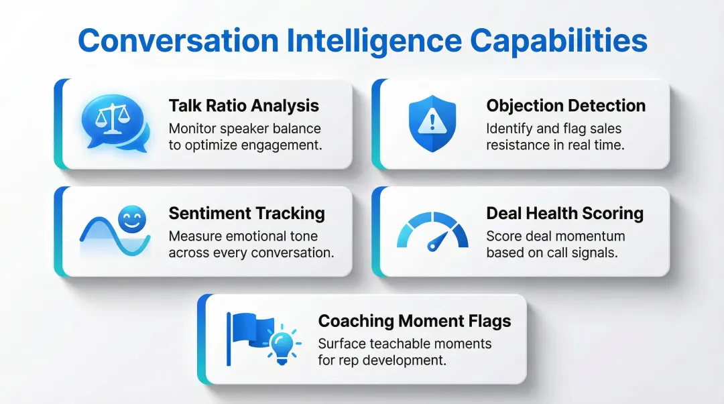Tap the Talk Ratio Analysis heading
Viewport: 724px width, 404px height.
(243, 105)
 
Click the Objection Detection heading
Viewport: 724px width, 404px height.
(566, 105)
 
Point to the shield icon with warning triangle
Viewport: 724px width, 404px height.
(432, 123)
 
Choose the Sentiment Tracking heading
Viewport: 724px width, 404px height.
(247, 213)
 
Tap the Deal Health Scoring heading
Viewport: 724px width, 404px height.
(564, 213)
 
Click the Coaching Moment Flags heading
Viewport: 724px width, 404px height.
(414, 321)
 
